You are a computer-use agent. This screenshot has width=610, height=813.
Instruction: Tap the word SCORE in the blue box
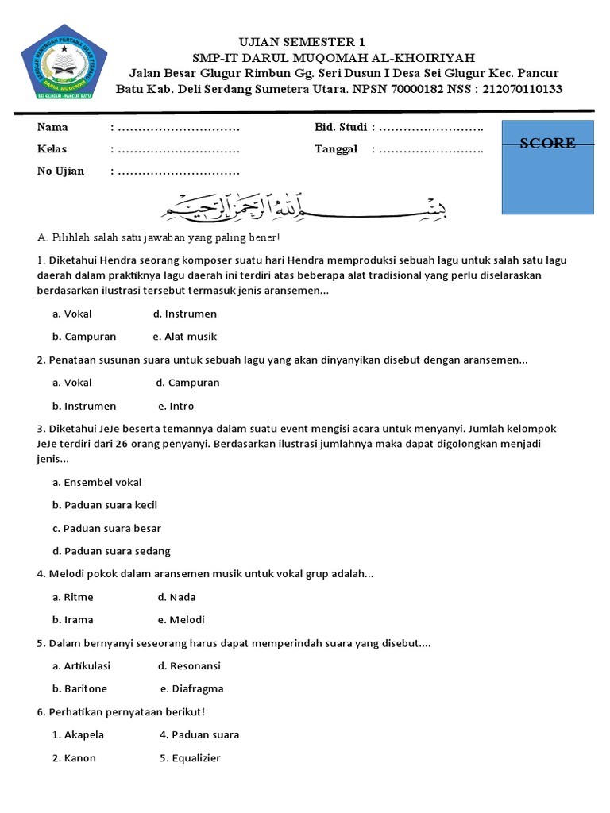pos(547,144)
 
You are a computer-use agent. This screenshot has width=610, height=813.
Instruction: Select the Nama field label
pos(52,127)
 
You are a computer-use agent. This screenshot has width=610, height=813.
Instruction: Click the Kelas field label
pos(52,149)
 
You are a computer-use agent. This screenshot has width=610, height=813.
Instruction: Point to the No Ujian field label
pos(60,171)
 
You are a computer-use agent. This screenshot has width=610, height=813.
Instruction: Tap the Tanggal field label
pos(336,149)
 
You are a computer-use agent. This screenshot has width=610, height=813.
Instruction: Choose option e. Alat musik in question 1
pos(184,337)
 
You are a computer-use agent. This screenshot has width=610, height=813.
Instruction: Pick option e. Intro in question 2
pos(176,406)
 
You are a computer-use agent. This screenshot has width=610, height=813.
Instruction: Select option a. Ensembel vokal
pos(97,482)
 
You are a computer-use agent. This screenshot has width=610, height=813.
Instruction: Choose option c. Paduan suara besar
pos(106,528)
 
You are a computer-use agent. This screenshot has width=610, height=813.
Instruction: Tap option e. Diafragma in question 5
pos(191,688)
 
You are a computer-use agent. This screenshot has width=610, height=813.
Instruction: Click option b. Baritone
pos(79,688)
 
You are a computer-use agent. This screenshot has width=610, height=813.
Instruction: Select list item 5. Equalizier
pos(190,758)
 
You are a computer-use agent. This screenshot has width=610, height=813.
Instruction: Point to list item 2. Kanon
pos(74,758)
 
